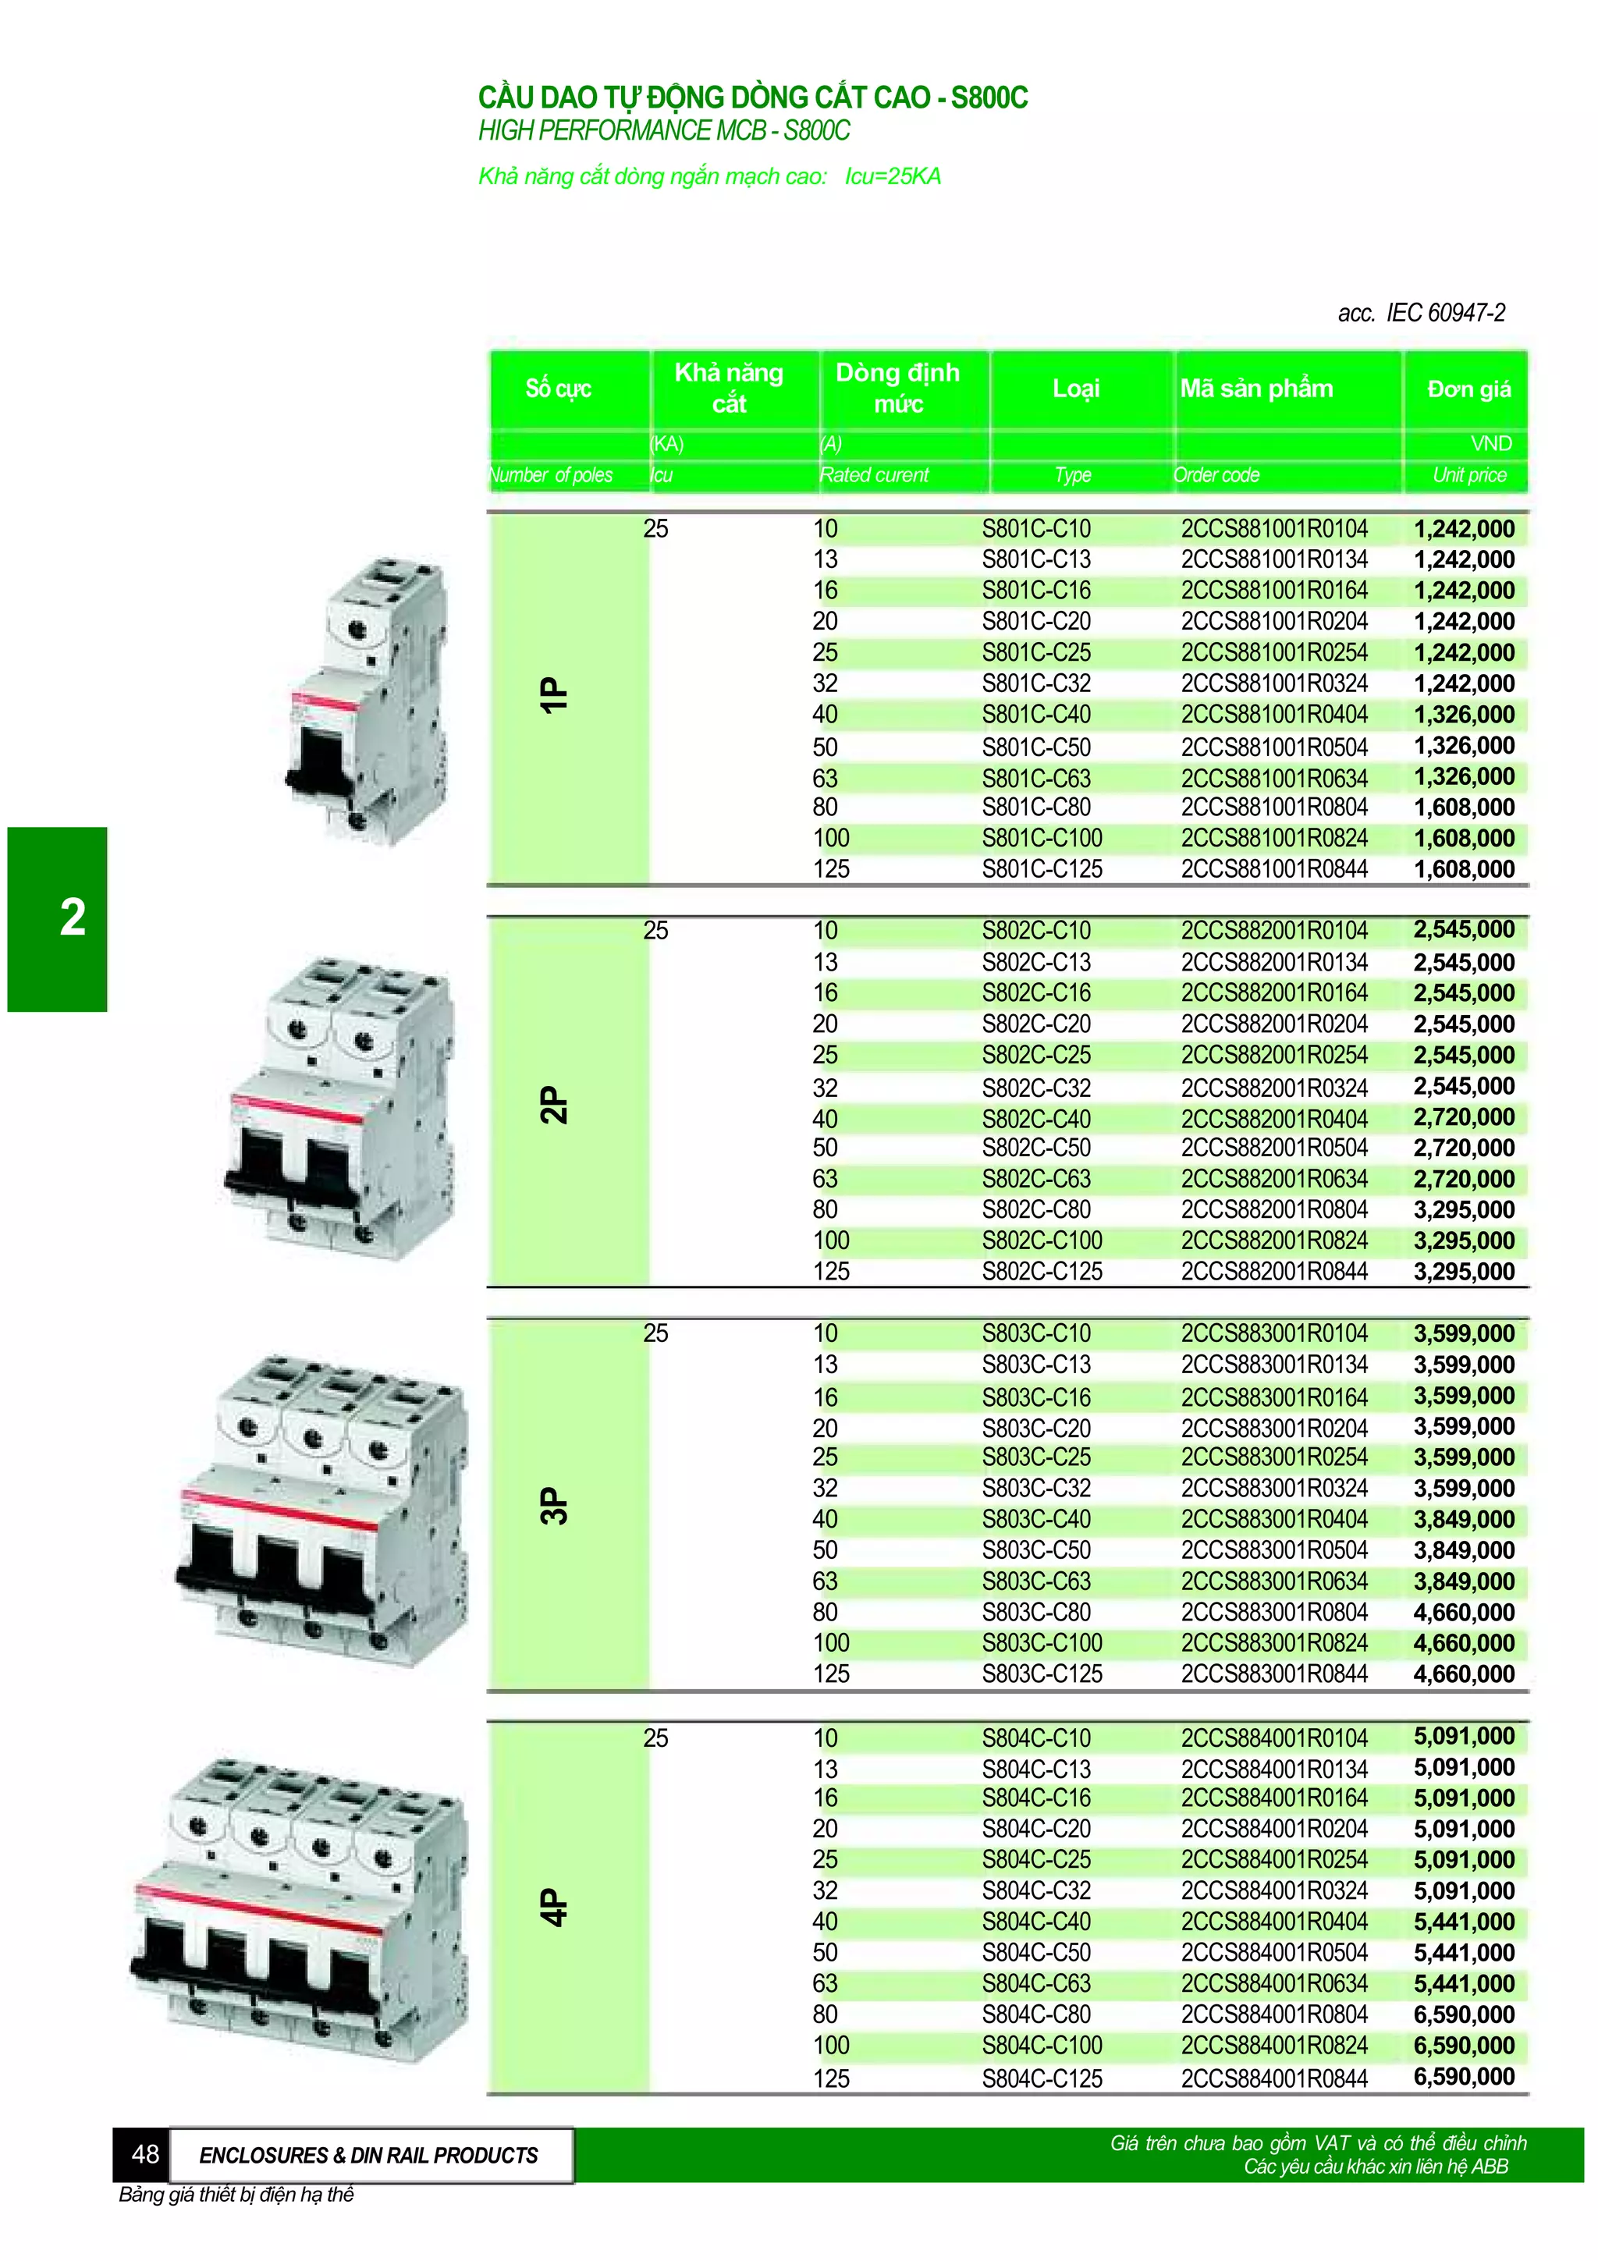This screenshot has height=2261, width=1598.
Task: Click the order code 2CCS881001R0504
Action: [1273, 747]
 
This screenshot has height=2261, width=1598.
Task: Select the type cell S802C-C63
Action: [1035, 1179]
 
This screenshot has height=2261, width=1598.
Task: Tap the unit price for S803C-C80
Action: [1463, 1612]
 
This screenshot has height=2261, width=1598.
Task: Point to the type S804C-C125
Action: [1041, 2077]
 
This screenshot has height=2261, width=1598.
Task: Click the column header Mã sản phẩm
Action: [1255, 389]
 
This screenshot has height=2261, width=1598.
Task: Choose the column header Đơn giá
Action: [1468, 389]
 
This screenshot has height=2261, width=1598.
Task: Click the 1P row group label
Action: [554, 695]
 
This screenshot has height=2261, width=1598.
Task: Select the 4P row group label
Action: [554, 1907]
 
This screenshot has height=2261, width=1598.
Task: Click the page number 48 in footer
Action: [144, 2153]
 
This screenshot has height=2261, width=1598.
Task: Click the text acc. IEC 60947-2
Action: [1420, 313]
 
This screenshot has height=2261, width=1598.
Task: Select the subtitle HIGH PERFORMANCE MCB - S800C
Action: [663, 131]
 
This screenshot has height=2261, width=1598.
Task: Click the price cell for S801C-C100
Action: [1463, 838]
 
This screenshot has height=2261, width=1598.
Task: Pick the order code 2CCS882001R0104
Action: [1273, 931]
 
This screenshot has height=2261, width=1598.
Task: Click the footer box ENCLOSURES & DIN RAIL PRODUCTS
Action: [368, 2155]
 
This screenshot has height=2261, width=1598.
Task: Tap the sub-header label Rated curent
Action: [873, 474]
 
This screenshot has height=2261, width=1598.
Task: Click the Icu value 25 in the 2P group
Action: [655, 931]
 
